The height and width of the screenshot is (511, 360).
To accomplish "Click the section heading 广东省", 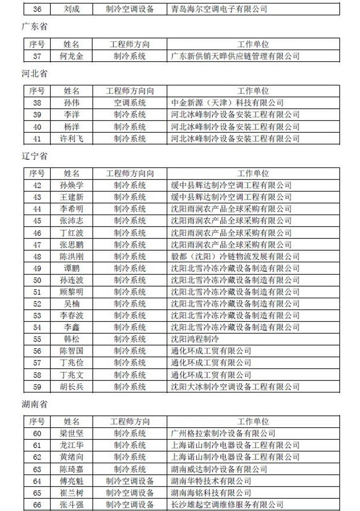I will coord(35,27).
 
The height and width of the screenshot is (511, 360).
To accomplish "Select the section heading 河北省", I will coord(35,73).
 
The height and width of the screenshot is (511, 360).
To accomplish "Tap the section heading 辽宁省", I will coord(35,156).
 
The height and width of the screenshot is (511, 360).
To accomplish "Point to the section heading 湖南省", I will coord(35,404).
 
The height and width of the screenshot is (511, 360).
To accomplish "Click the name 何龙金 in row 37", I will coord(72,56).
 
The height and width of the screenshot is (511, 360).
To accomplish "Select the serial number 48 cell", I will coord(37,257).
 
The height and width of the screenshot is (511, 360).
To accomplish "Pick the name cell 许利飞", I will coord(72,138).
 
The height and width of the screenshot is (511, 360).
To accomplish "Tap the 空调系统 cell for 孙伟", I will coord(130,103).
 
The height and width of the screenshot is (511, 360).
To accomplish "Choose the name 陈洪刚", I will coord(72,257).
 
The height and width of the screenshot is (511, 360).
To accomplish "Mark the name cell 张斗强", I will coord(72,504).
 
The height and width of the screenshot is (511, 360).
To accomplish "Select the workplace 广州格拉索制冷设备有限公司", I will coord(223,434).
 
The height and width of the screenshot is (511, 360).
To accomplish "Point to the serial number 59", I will coord(37,386).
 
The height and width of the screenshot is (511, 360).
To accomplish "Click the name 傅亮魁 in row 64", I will coord(72,481).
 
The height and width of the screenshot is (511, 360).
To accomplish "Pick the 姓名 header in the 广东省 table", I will coord(72,44).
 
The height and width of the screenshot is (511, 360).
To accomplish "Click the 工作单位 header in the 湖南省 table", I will coord(253,422).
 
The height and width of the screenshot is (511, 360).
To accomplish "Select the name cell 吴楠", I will coord(72,303).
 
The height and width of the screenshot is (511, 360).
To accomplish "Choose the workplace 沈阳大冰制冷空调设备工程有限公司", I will coord(235,386).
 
